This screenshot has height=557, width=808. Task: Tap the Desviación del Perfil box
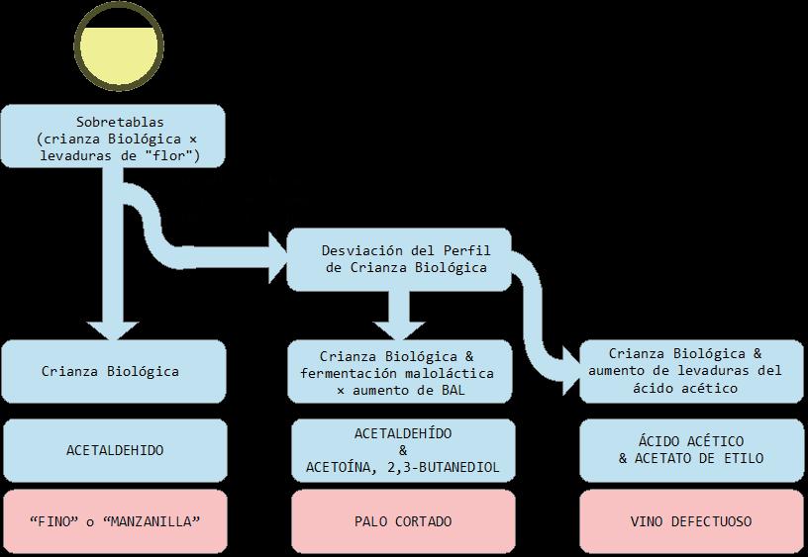tap(398, 259)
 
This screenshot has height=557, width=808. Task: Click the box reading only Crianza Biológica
tap(113, 372)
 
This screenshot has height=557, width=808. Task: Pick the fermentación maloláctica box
tap(400, 372)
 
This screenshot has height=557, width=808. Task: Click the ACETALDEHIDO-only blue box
tap(113, 450)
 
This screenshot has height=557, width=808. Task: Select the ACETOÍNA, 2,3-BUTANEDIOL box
tap(400, 450)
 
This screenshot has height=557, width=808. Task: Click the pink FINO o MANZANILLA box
tap(113, 521)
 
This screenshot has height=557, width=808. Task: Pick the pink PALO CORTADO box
tap(400, 521)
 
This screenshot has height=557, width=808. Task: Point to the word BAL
tap(453, 390)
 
